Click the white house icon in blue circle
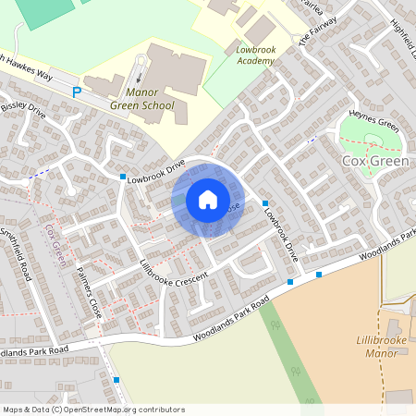tap(207, 200)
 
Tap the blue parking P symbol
tap(78, 92)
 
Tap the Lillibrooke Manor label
tap(381, 347)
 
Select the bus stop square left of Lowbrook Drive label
tap(122, 176)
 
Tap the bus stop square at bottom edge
tap(116, 379)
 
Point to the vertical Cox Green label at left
tap(54, 242)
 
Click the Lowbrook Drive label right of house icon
tap(279, 231)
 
